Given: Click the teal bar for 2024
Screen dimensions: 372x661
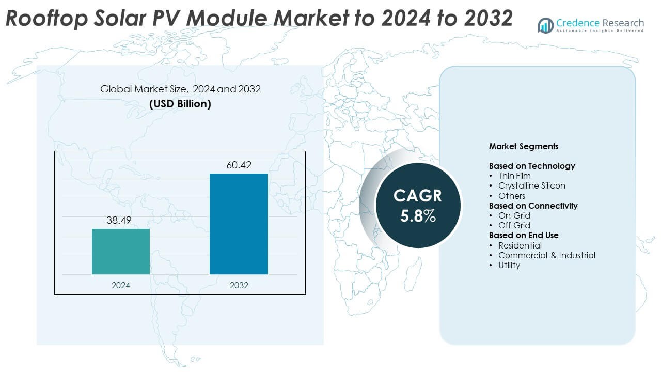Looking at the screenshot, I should [121, 252].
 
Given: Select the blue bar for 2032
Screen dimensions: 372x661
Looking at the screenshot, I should [239, 224].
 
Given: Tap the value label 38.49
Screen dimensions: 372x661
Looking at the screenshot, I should [119, 221].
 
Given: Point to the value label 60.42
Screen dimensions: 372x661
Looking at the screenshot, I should [239, 165].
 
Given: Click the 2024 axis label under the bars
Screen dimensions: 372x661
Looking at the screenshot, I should [121, 285].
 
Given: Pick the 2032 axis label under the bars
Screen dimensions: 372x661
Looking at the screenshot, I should [239, 285].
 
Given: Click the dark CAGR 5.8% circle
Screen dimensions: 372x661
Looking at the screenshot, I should [418, 205].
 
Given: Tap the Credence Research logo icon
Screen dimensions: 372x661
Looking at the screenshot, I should [545, 25].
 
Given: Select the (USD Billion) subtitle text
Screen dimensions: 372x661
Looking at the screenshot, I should [180, 103].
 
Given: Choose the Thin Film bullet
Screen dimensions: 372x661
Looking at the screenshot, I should [514, 176].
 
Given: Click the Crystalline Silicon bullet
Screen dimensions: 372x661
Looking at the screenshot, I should [531, 185].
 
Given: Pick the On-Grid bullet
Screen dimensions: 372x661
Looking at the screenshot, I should [514, 215].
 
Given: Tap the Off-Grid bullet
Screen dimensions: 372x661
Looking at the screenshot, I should [514, 225].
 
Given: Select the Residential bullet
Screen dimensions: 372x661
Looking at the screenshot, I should [520, 245].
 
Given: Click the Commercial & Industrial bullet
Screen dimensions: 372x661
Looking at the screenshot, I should [546, 255].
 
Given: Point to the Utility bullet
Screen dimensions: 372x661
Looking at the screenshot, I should [509, 265].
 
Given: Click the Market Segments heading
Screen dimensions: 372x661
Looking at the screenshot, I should [524, 146].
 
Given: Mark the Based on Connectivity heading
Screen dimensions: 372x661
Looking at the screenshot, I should [533, 206].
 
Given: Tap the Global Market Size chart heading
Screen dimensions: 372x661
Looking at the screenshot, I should [180, 89].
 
